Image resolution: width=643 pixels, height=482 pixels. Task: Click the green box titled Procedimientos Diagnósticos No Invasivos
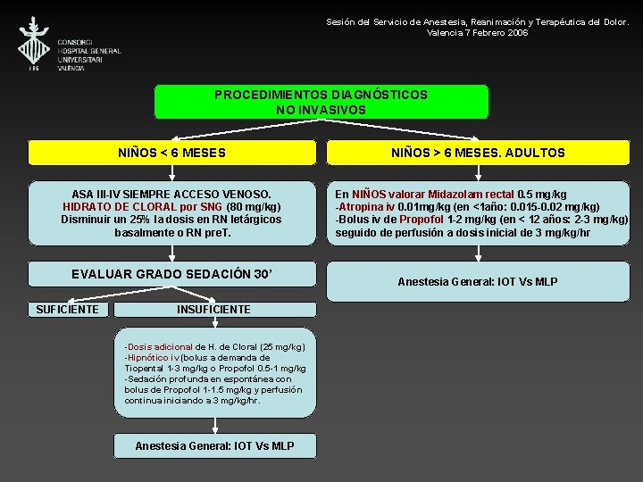pyautogui.click(x=321, y=102)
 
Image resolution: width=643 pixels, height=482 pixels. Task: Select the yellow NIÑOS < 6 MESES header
pyautogui.click(x=172, y=153)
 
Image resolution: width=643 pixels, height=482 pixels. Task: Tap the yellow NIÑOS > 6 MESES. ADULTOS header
pyautogui.click(x=478, y=153)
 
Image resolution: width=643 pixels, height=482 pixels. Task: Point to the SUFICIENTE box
pyautogui.click(x=67, y=309)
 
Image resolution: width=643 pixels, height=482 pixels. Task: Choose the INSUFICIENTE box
pyautogui.click(x=213, y=309)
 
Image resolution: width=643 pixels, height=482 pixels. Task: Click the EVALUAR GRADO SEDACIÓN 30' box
pyautogui.click(x=172, y=274)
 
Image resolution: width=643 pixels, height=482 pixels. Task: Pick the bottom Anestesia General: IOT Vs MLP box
pyautogui.click(x=214, y=445)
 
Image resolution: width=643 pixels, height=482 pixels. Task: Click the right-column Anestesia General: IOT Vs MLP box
pyautogui.click(x=478, y=281)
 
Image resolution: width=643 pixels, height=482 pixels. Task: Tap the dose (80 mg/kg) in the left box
pyautogui.click(x=254, y=206)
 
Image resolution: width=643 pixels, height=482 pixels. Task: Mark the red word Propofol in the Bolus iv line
pyautogui.click(x=420, y=219)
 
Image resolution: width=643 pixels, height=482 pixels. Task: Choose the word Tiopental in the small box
pyautogui.click(x=145, y=368)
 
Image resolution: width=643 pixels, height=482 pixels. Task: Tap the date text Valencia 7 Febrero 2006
pyautogui.click(x=478, y=32)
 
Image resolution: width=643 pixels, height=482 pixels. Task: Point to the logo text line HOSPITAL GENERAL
pyautogui.click(x=89, y=51)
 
